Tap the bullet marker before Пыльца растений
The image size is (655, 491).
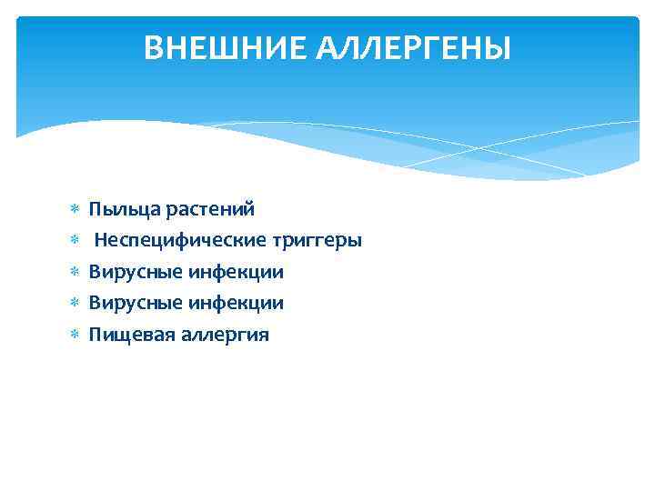click(x=75, y=210)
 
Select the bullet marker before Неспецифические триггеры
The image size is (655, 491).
click(x=75, y=241)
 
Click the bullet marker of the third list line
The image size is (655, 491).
click(x=75, y=272)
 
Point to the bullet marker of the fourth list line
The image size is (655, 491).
click(x=75, y=303)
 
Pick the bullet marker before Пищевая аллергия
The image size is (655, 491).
click(x=75, y=335)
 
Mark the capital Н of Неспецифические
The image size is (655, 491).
click(x=101, y=241)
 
